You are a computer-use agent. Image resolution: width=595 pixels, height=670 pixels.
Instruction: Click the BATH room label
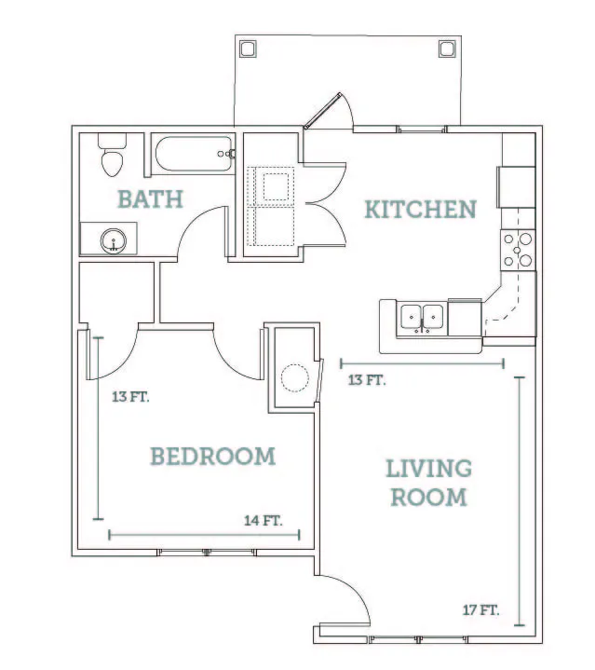tap(150, 199)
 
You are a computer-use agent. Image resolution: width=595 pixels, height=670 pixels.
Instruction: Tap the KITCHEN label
tap(421, 209)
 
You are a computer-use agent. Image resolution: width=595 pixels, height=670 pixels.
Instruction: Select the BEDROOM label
tap(212, 456)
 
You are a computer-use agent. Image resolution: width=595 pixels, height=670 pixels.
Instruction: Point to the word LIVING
tap(428, 469)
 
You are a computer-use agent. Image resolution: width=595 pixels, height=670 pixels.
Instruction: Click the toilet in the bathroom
tap(113, 155)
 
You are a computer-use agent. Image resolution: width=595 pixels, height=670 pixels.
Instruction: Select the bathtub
tap(195, 154)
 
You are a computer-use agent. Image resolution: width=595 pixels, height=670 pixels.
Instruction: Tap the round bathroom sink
tap(113, 241)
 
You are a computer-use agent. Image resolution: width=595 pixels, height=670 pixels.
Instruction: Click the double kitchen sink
tap(422, 319)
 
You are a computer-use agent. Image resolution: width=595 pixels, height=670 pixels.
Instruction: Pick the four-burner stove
tap(518, 250)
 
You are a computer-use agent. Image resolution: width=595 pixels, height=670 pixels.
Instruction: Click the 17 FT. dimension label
tap(480, 609)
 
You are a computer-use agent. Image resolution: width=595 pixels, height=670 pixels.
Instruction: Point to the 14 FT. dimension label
tap(263, 521)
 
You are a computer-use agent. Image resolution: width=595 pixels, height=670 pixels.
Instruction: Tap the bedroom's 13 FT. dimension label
tap(130, 397)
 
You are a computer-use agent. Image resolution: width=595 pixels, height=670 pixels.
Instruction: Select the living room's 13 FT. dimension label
tap(367, 380)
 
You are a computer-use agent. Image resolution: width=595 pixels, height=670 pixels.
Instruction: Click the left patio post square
tap(248, 48)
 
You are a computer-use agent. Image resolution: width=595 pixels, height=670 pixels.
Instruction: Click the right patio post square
tap(447, 48)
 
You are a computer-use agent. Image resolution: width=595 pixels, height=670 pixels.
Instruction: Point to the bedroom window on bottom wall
tap(207, 552)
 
